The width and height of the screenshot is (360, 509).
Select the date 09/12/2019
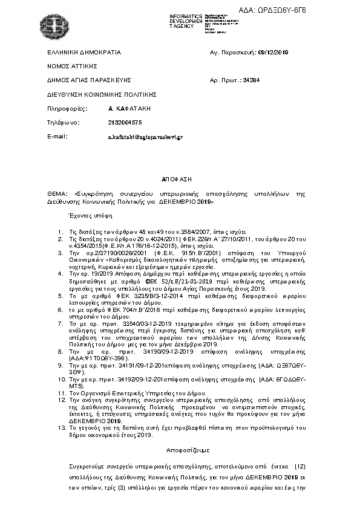[273, 53]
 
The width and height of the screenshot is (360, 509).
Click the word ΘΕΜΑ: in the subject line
[58, 194]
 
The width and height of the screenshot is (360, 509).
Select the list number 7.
[60, 324]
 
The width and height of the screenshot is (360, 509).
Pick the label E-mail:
[57, 137]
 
